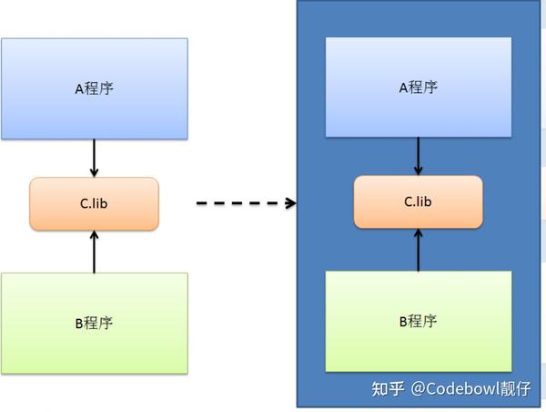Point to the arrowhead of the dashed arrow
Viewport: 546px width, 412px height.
tap(291, 203)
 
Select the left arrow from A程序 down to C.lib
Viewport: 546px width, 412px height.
tap(94, 159)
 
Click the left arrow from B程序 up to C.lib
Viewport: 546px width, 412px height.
tap(94, 251)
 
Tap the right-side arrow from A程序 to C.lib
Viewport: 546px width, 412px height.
tap(419, 156)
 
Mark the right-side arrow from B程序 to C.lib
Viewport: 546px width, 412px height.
tap(419, 249)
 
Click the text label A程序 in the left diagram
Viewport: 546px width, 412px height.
tap(94, 88)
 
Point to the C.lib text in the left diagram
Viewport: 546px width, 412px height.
tap(94, 203)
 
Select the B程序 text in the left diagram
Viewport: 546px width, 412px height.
tap(94, 323)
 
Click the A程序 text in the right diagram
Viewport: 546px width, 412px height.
tap(419, 88)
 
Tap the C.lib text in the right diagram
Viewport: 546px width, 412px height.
tap(418, 201)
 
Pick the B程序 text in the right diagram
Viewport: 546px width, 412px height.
tap(419, 321)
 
